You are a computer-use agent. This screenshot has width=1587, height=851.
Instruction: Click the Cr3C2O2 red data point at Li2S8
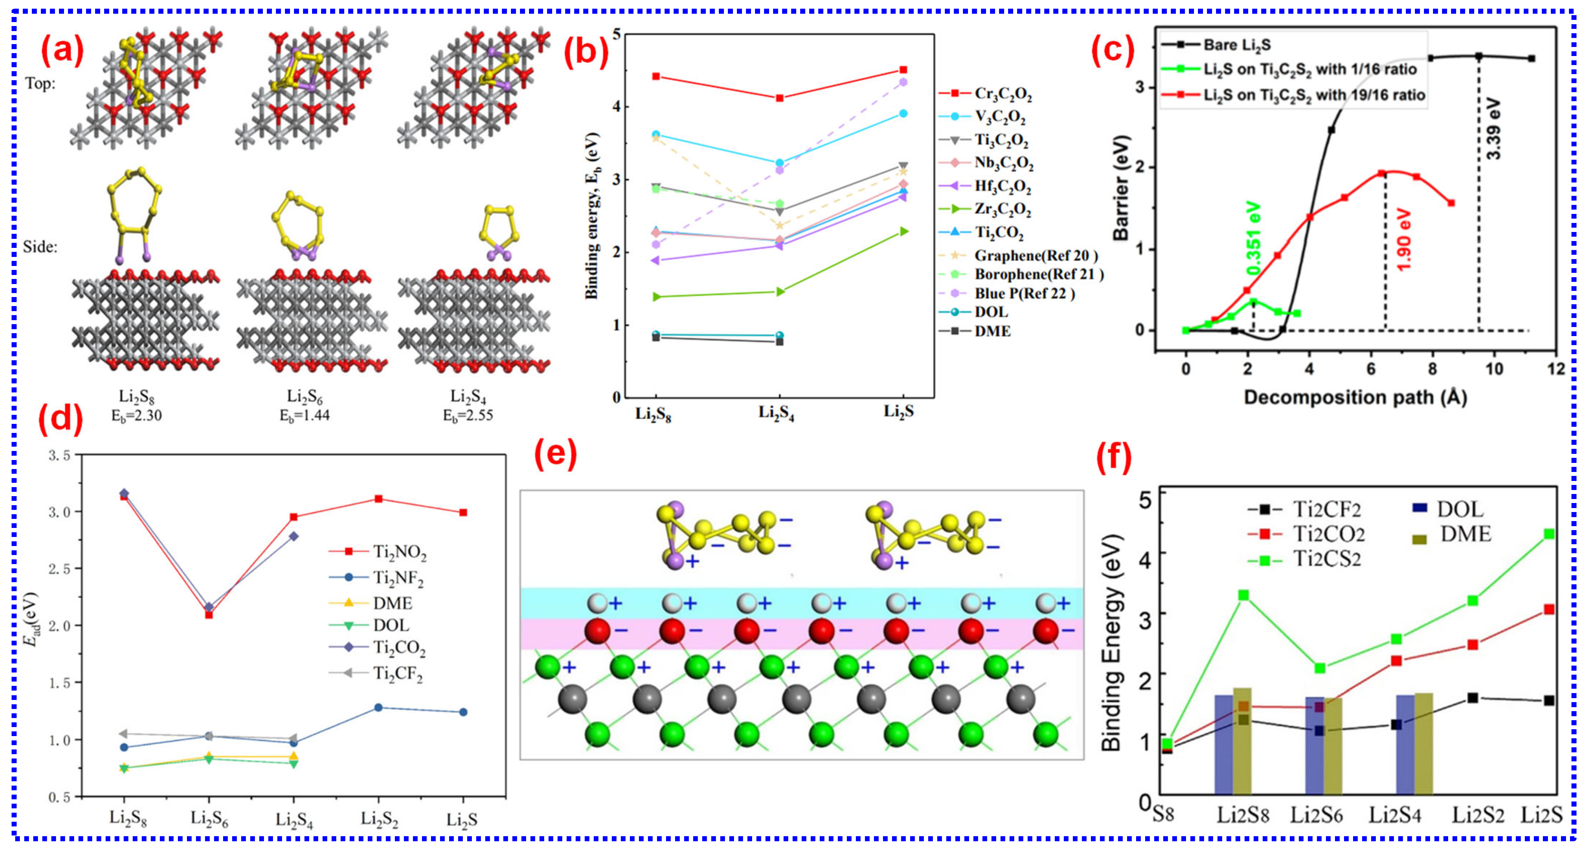656,76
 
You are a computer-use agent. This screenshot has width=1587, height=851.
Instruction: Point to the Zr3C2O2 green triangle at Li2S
904,232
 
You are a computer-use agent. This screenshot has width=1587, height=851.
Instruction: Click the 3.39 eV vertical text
1494,129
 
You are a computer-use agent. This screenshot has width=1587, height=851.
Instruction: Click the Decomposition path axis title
1355,397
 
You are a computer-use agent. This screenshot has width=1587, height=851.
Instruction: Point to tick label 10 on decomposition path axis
1494,369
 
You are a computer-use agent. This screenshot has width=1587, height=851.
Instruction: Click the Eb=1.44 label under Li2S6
305,416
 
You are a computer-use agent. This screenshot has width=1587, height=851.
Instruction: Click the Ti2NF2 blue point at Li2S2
378,708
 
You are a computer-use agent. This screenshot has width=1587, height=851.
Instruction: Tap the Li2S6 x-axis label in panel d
209,819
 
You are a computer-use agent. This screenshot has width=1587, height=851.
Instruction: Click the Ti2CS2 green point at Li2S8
1243,595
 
